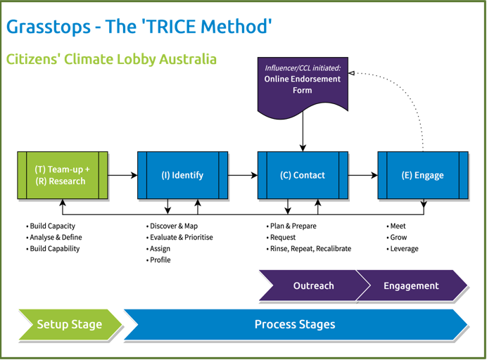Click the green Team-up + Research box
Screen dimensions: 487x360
point(63,175)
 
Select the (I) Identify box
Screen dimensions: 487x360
point(183,175)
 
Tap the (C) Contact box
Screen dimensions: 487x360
point(303,175)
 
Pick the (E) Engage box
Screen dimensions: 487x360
point(423,175)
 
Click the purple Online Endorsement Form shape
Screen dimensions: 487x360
point(303,85)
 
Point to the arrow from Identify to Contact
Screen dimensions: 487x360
point(243,175)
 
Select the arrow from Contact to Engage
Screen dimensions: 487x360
point(363,175)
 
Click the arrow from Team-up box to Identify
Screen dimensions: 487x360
point(122,175)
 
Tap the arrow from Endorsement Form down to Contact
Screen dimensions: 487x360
point(303,131)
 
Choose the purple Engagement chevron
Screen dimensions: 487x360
point(412,285)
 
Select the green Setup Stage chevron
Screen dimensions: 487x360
point(70,325)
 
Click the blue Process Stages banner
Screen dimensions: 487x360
point(295,325)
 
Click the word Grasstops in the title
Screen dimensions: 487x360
point(49,27)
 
